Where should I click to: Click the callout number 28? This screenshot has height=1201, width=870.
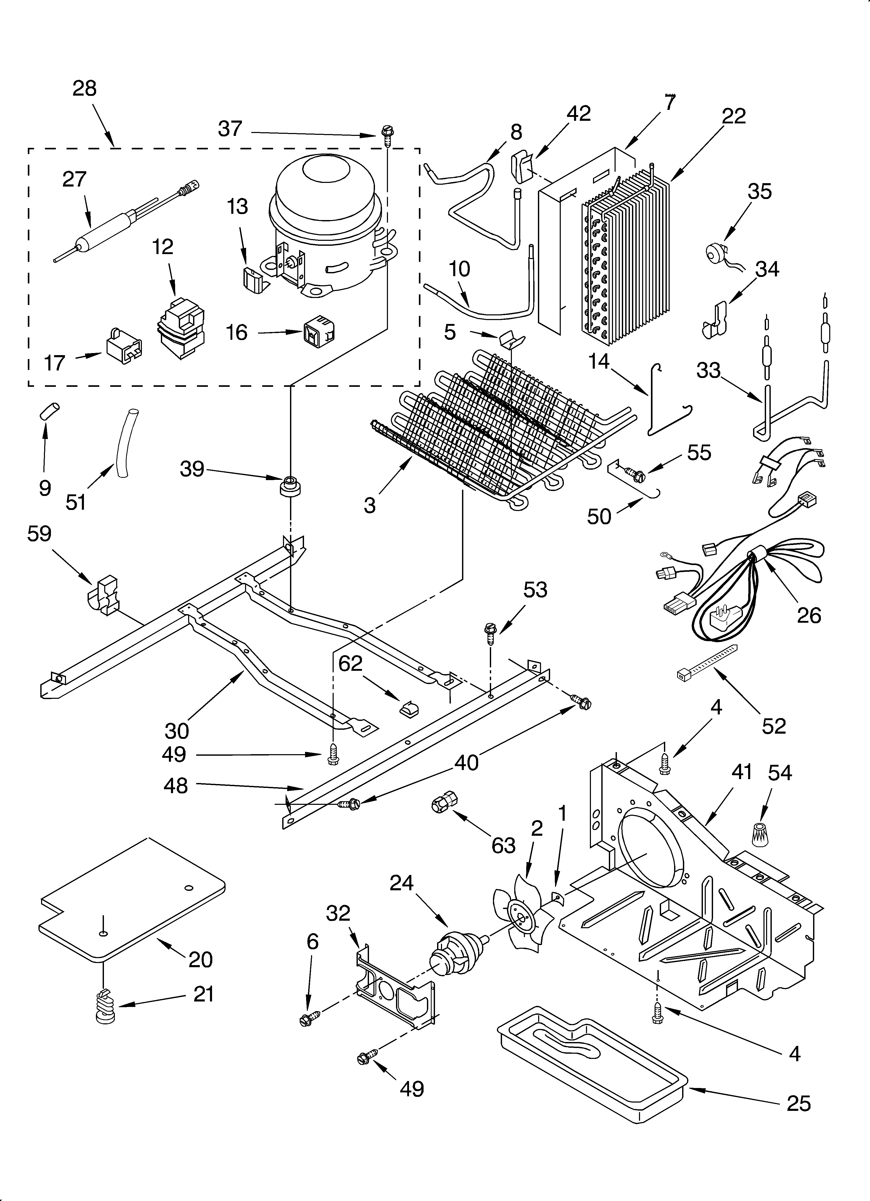coord(85,88)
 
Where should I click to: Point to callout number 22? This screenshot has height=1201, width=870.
coord(733,116)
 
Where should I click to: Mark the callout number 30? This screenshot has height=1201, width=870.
coord(176,731)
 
